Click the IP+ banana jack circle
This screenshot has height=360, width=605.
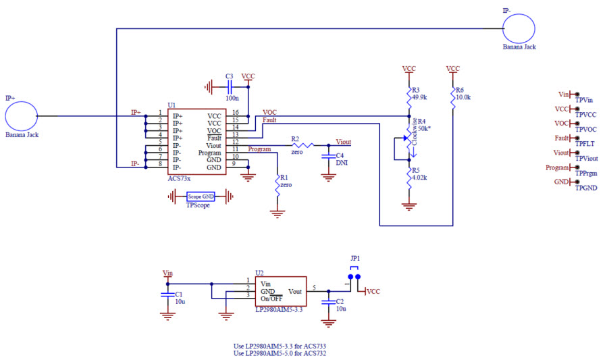pos(21,116)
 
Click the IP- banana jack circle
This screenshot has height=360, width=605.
pos(519,28)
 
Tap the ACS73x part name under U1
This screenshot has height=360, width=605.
pos(180,178)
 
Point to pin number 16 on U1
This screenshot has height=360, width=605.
pos(235,113)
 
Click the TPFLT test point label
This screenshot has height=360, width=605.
pos(586,143)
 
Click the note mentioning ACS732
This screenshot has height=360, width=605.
pos(280,353)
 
